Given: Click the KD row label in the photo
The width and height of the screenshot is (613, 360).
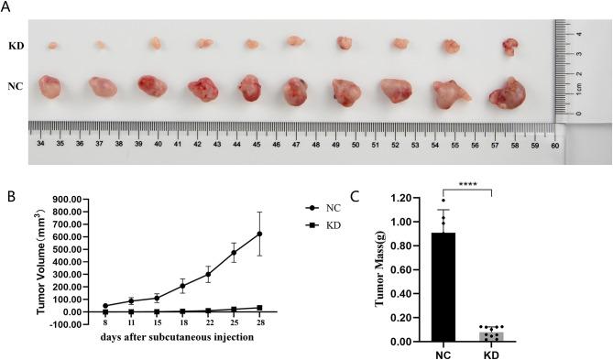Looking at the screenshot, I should tap(16, 44).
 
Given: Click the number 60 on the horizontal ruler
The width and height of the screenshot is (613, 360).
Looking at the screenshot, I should tap(554, 144).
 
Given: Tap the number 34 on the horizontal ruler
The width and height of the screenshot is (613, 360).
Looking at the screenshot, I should tap(39, 144).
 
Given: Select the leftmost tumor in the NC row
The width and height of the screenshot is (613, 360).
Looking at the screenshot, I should tap(47, 87).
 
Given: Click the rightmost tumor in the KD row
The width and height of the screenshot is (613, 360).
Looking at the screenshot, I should tap(509, 46).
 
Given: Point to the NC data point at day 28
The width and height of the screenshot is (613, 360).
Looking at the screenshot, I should tap(259, 234).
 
